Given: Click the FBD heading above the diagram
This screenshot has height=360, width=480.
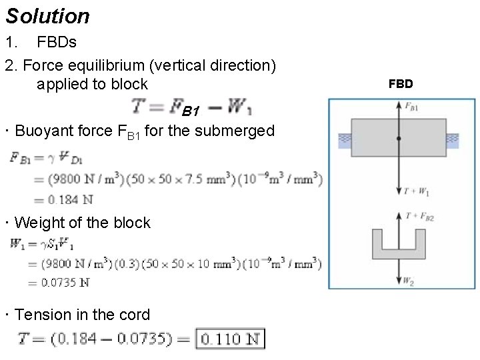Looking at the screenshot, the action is click(x=401, y=83).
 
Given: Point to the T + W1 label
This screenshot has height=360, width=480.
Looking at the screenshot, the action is click(x=415, y=192).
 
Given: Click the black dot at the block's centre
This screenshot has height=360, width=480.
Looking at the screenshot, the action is click(x=399, y=138).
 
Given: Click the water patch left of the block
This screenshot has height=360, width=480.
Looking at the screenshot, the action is click(x=345, y=139).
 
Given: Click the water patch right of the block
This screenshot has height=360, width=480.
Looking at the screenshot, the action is click(x=452, y=139).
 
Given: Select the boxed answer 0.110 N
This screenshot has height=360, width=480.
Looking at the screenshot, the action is click(x=231, y=339).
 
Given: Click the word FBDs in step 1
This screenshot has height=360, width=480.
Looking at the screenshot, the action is click(x=57, y=43).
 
